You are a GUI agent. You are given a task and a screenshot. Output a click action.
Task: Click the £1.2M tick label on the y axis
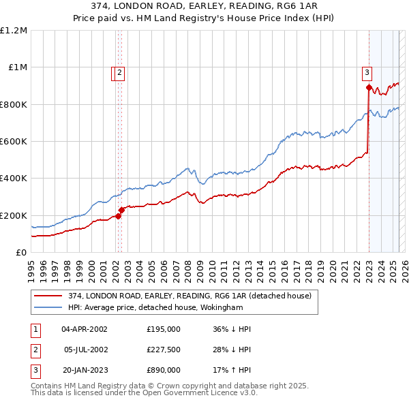point(13,31)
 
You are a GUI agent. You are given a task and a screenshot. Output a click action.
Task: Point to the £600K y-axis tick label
point(13,142)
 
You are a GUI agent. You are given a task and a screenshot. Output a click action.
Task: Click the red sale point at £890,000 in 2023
point(369,87)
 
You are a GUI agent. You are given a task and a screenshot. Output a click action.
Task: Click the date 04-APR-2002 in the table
point(85,329)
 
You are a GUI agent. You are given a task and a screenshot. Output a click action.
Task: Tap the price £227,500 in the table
point(163,350)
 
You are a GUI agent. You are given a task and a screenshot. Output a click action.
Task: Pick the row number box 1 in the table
point(34,329)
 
